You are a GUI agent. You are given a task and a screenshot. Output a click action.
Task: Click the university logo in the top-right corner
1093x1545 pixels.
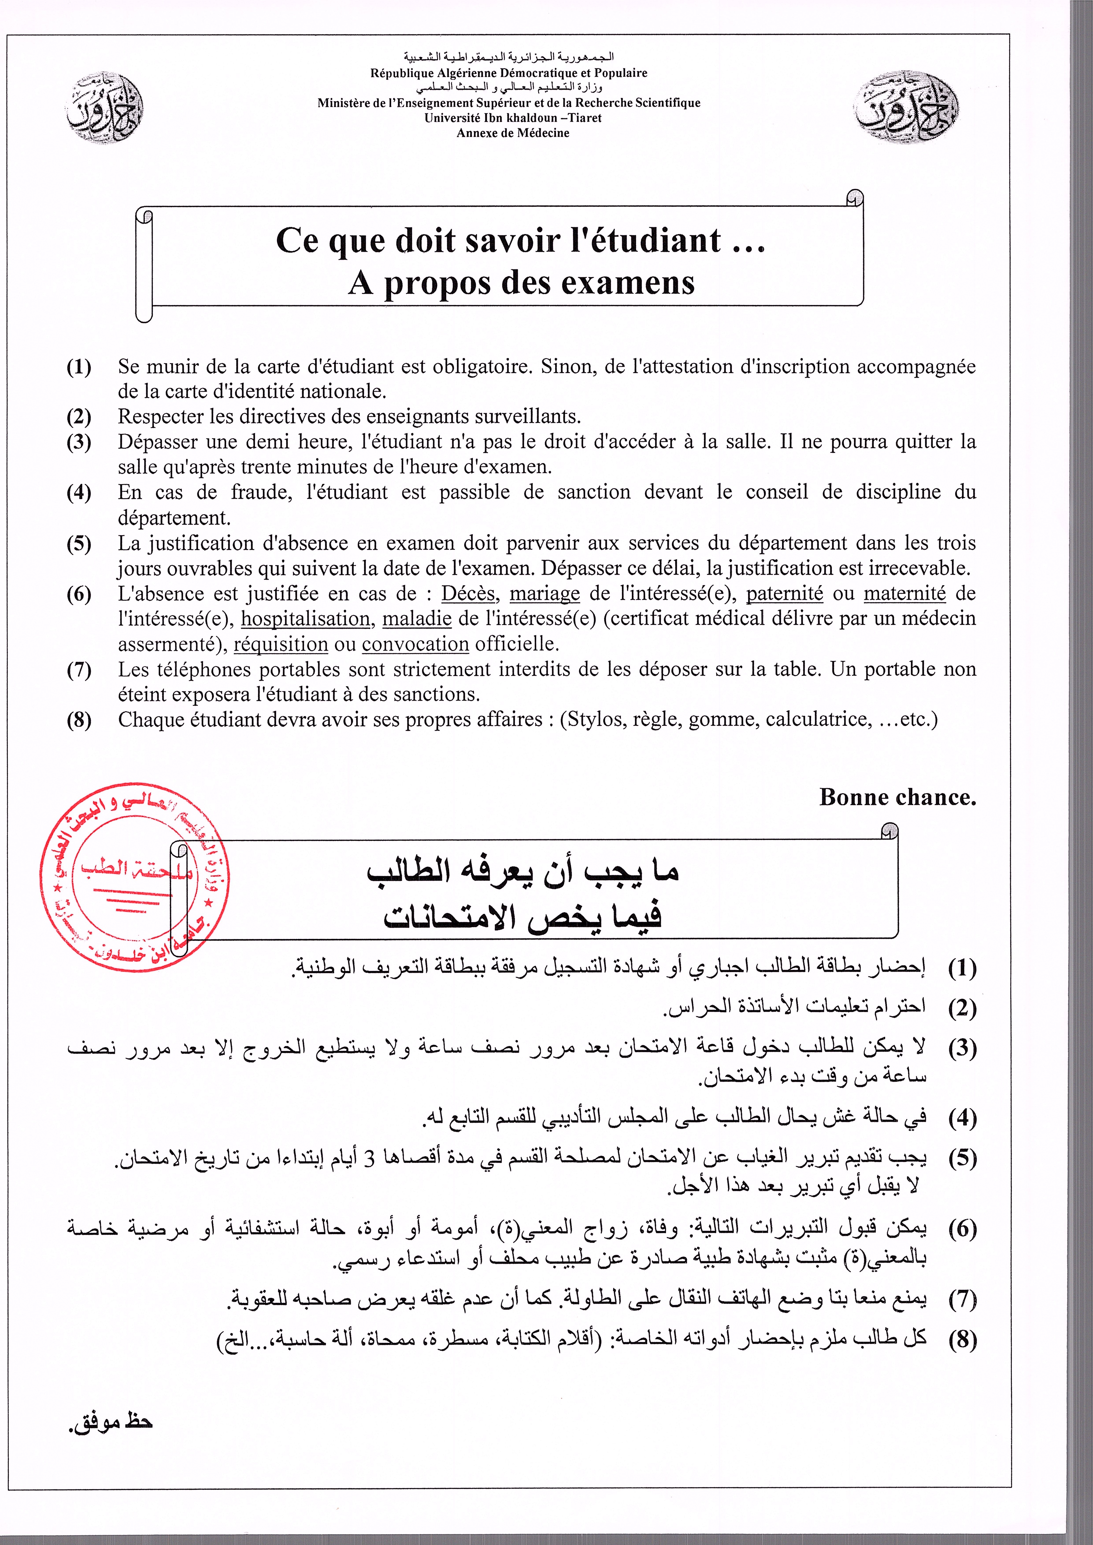click(x=906, y=108)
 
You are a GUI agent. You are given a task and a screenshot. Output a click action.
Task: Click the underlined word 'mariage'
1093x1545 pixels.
click(x=545, y=594)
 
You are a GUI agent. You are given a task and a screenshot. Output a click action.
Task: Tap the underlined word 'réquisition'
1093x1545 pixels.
click(x=281, y=644)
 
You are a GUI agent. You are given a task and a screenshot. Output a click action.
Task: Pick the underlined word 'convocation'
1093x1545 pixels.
click(x=415, y=644)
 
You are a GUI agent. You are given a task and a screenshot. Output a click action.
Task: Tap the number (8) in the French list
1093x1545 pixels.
click(x=79, y=720)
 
